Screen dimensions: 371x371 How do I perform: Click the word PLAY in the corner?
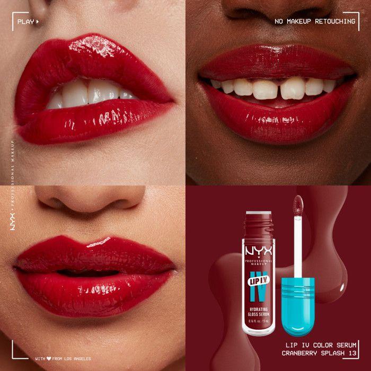click(25, 22)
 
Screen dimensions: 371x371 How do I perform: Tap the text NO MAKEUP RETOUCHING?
click(315, 21)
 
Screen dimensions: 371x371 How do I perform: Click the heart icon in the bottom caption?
click(49, 359)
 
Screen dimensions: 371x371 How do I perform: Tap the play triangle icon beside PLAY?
click(38, 22)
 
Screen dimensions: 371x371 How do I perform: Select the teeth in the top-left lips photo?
click(90, 94)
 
